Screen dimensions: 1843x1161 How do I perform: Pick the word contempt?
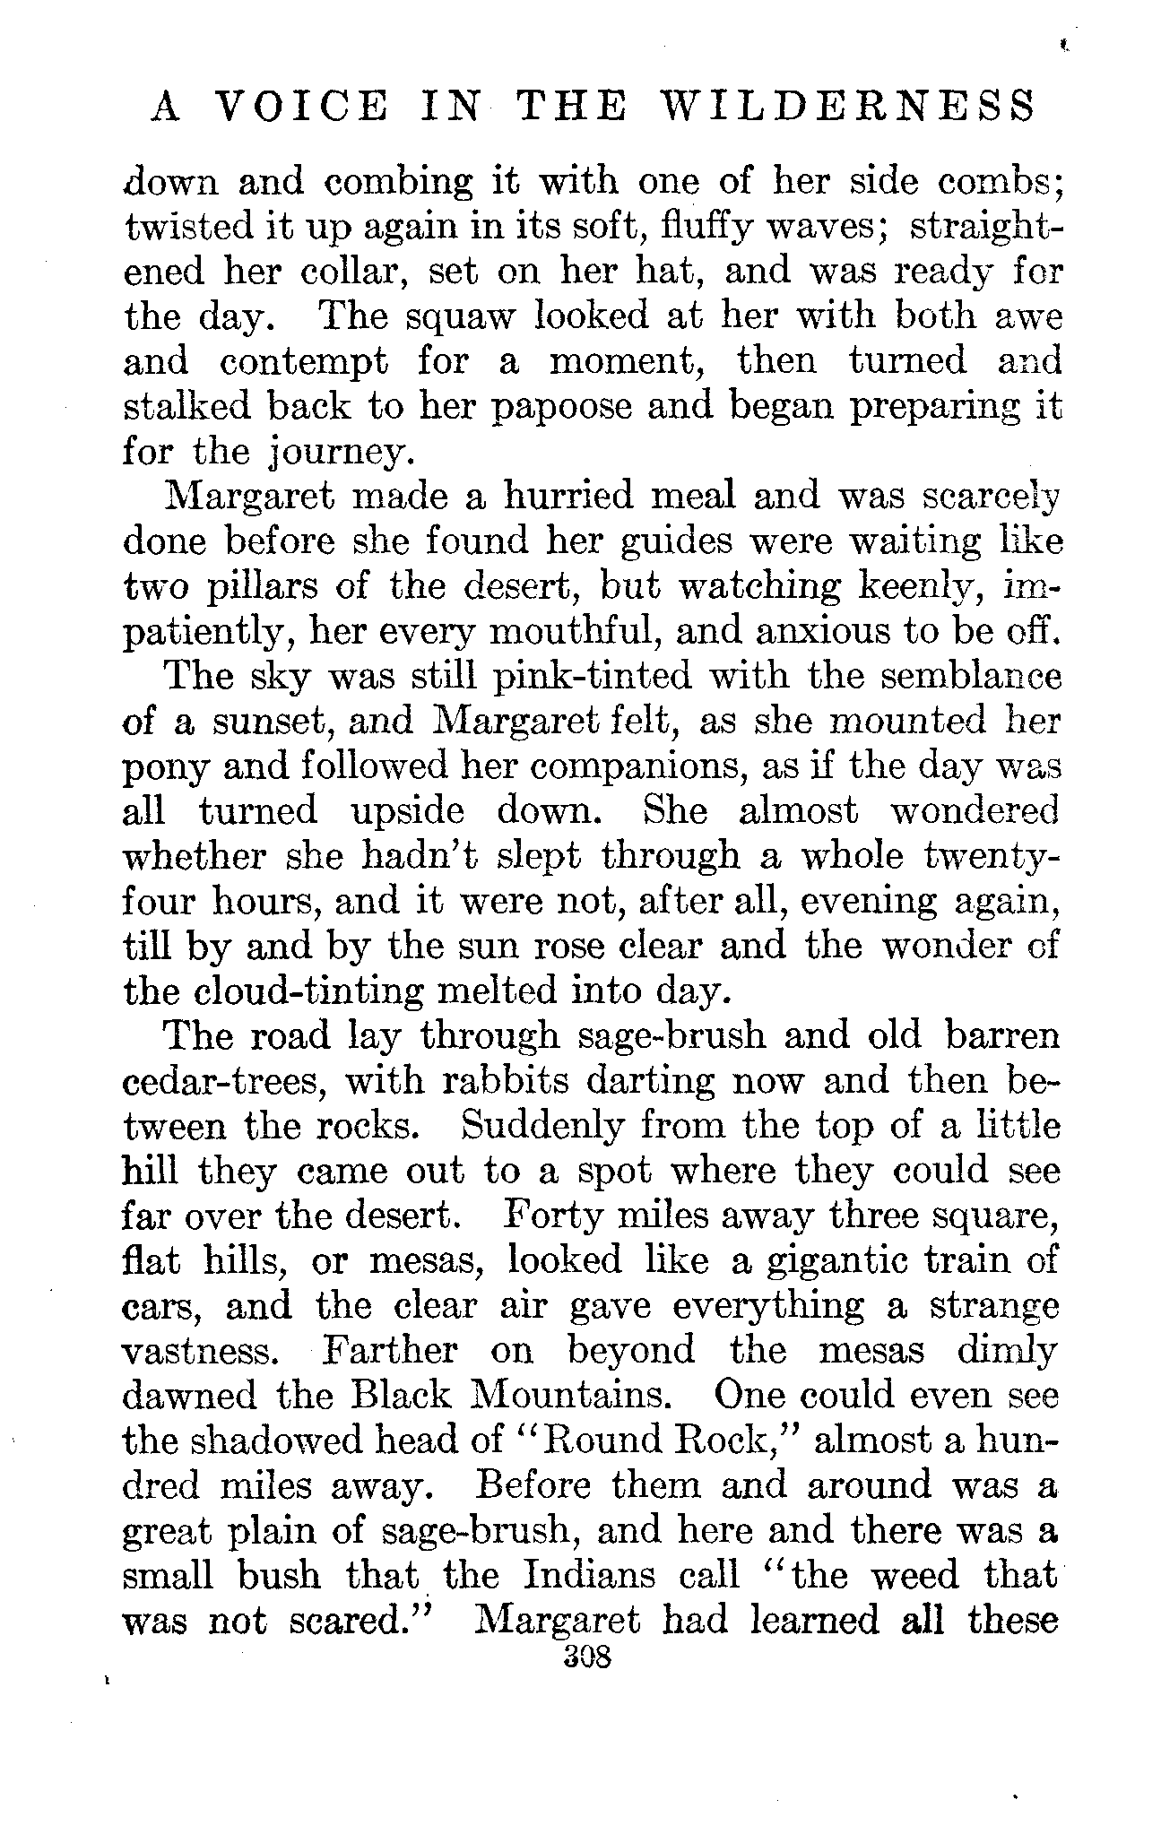pos(304,362)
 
